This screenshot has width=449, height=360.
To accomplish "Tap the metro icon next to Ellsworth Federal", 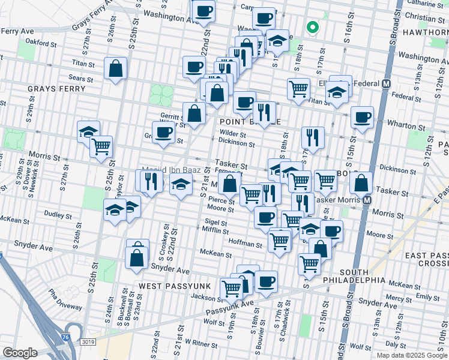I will coord(387,85).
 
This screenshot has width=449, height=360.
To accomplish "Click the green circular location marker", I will coord(312,26).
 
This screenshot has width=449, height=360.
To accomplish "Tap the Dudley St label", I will coord(58,214).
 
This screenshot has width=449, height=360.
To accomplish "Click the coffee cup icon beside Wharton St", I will coord(362,118).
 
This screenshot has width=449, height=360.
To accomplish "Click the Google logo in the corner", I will coord(20,353).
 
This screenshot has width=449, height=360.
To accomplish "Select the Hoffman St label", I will coord(245,244).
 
